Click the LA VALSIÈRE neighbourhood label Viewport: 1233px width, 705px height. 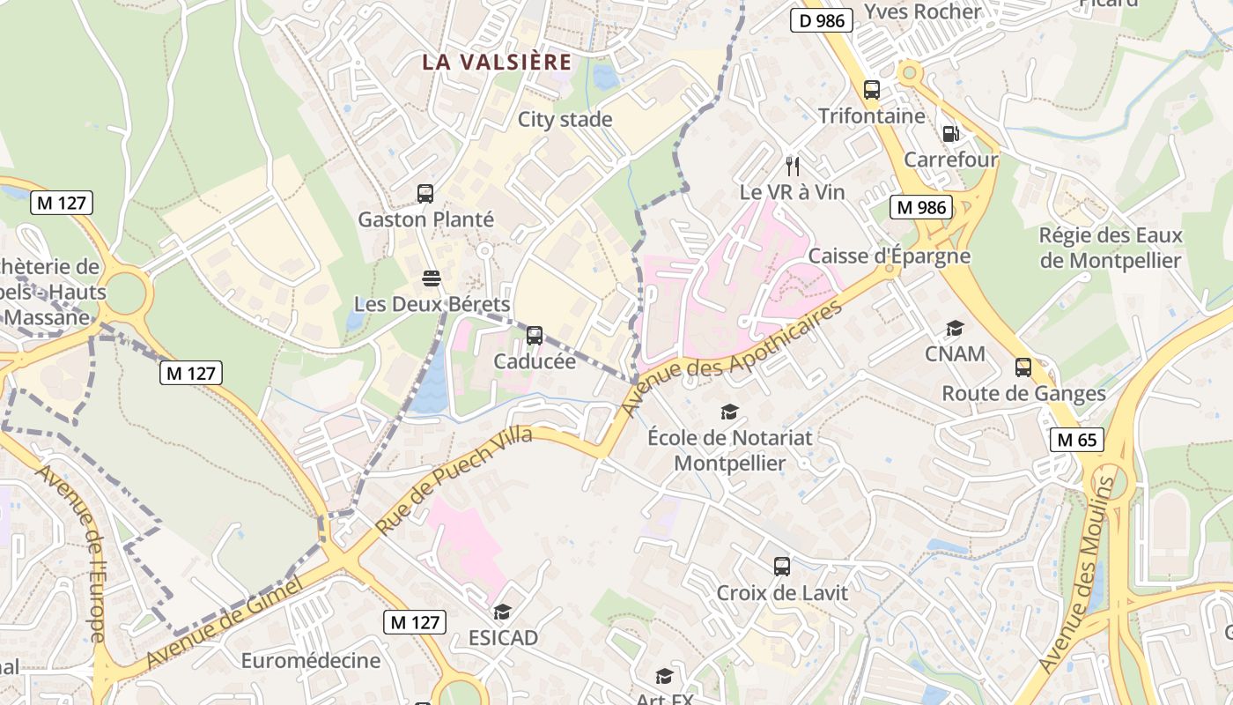497,63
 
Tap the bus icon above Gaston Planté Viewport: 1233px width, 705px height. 425,194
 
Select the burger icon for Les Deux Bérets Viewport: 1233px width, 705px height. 432,278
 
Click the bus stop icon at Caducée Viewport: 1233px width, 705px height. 535,336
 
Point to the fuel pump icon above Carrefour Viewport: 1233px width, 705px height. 951,134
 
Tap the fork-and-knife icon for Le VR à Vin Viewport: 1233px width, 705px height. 793,166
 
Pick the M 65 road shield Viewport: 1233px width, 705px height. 1077,439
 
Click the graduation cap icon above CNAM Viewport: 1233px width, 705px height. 955,329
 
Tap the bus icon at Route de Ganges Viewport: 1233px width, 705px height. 1023,367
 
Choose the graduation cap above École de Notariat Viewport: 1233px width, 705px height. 729,412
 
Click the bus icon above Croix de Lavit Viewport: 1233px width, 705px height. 782,567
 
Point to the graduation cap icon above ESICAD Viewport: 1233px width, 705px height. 502,612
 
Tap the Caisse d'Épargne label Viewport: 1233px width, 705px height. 889,256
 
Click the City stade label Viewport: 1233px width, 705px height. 565,120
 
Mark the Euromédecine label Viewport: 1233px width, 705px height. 311,660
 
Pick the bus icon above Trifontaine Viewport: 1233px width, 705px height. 872,90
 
